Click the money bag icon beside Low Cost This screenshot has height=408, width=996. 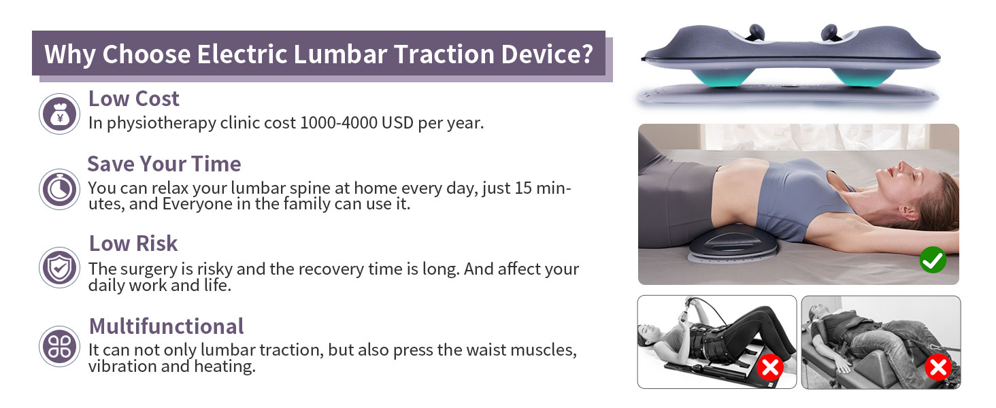coord(60,114)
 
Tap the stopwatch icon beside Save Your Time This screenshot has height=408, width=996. coord(60,188)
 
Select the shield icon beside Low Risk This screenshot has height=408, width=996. coord(60,267)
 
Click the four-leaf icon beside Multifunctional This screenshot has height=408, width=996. coord(60,346)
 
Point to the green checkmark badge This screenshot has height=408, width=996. coord(932,260)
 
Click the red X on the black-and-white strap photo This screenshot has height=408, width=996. coord(770,368)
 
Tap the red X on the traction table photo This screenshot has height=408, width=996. coord(937,368)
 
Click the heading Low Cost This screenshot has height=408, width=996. coord(133,99)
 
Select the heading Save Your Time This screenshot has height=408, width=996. coord(164,164)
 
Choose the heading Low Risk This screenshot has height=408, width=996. coord(133,243)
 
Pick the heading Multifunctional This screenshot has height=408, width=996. coord(166,326)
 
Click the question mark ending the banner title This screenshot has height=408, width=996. coord(587,54)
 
